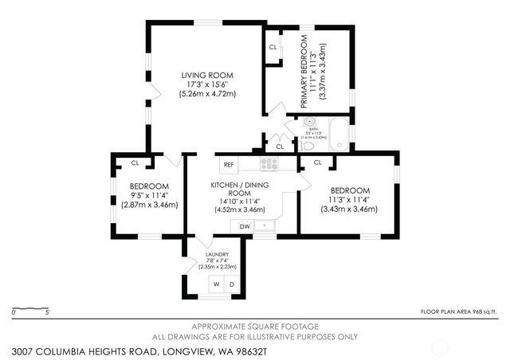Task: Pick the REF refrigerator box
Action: point(229,165)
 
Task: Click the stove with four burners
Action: point(269,164)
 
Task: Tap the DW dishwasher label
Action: point(245,227)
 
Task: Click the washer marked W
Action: point(216,284)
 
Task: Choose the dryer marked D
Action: point(232,284)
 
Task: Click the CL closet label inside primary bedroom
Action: point(273,47)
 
